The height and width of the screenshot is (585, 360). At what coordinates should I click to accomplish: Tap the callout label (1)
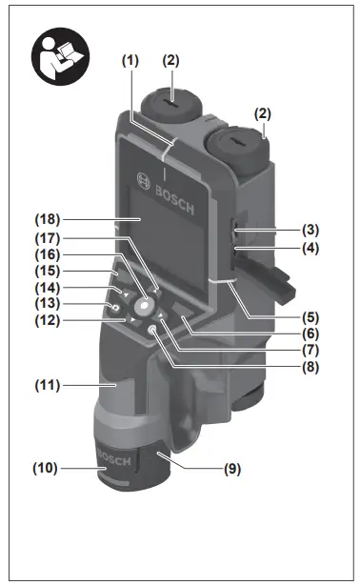pyautogui.click(x=130, y=60)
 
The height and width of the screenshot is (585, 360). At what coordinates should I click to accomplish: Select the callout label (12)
pyautogui.click(x=44, y=320)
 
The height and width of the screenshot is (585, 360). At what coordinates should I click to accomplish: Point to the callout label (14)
pyautogui.click(x=44, y=287)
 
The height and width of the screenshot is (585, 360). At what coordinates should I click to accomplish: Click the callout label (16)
pyautogui.click(x=44, y=255)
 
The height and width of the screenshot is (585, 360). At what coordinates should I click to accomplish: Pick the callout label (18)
pyautogui.click(x=44, y=222)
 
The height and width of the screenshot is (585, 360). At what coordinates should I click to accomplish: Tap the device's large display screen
pyautogui.click(x=162, y=229)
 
